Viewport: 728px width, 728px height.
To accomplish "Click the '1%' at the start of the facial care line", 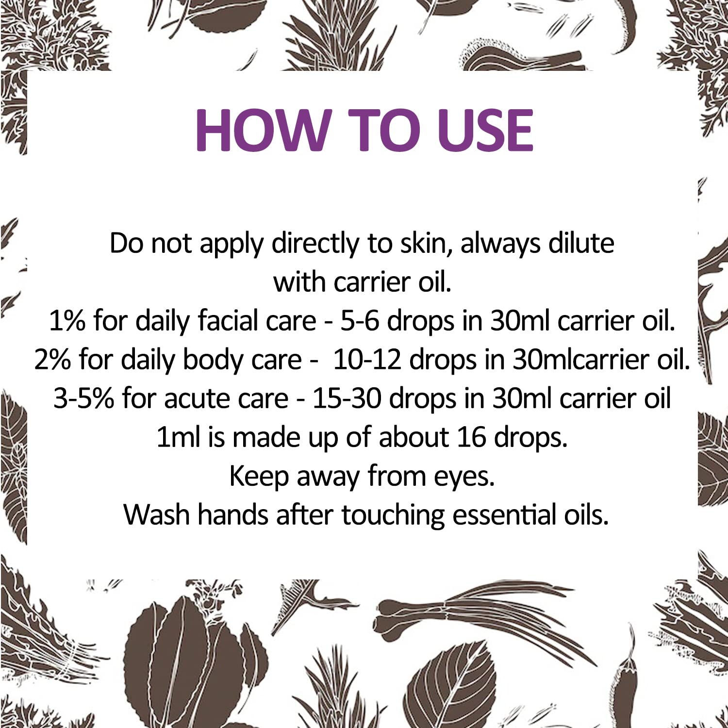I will point(67,321).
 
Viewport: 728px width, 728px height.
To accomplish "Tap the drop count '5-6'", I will point(359,321).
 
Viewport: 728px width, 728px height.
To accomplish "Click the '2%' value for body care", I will point(53,360).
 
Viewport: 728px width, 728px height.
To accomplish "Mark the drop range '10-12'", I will point(367,360).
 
